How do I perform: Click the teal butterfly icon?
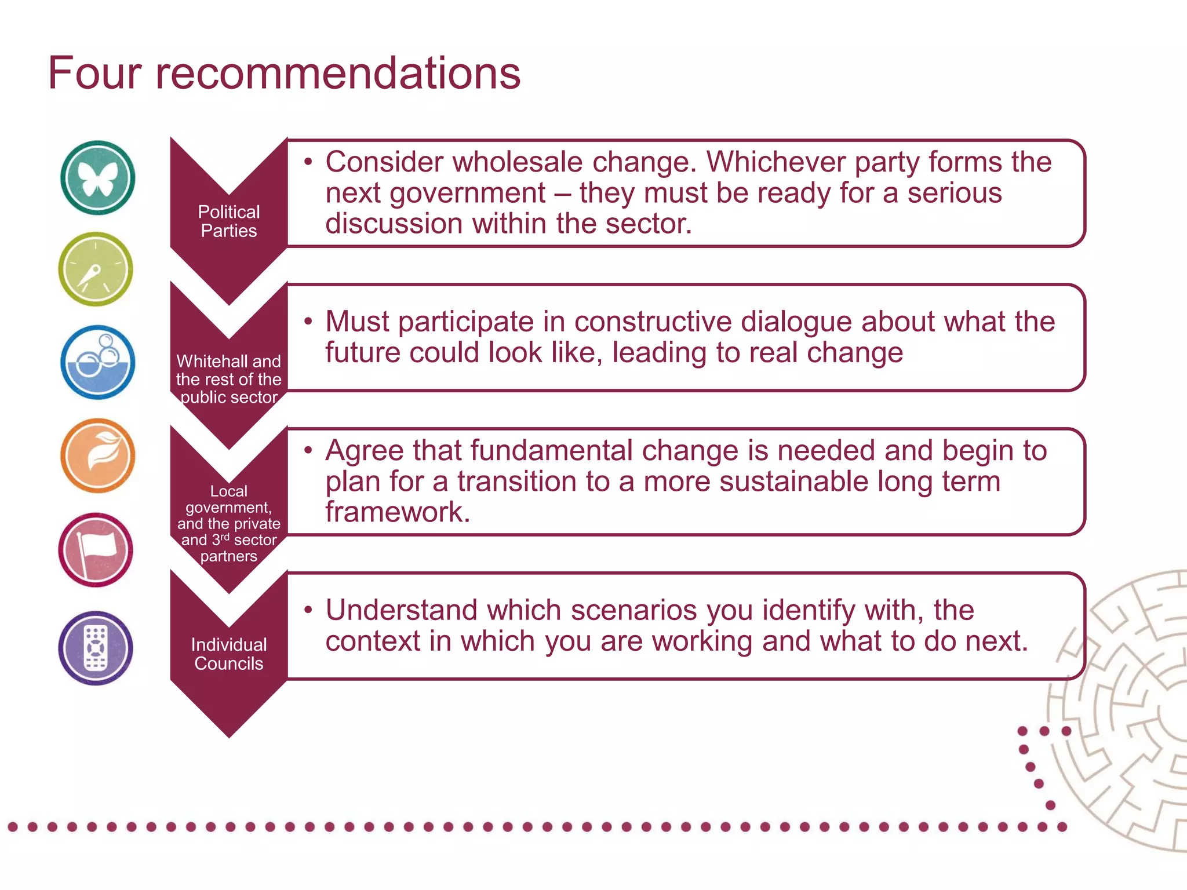97,177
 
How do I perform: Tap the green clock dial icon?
96,269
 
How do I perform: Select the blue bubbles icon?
97,362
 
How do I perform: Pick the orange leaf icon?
97,455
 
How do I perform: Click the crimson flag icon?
96,549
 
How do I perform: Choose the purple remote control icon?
96,648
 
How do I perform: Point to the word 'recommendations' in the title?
338,74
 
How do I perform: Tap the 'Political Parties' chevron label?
229,221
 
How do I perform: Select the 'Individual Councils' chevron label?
229,654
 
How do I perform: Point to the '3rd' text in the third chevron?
220,539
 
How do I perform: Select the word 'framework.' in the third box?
398,512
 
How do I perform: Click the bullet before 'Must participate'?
308,320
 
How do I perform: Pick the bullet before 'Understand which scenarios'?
308,609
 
